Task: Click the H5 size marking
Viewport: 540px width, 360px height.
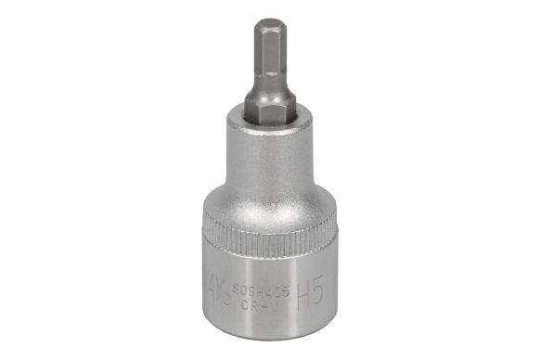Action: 309,294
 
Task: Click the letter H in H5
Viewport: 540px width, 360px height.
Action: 301,294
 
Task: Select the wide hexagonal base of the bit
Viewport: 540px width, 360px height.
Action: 268,109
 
